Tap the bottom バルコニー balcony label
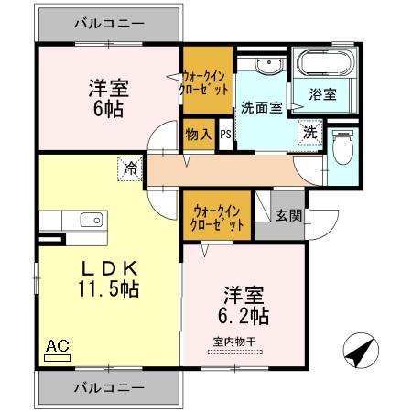tap(108, 387)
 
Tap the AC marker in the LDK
tap(57, 347)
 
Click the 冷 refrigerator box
tap(131, 168)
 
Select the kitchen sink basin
tap(91, 220)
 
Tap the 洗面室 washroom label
tap(261, 107)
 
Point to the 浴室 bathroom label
tap(322, 93)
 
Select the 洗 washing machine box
tap(311, 132)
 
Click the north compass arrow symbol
tap(360, 351)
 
